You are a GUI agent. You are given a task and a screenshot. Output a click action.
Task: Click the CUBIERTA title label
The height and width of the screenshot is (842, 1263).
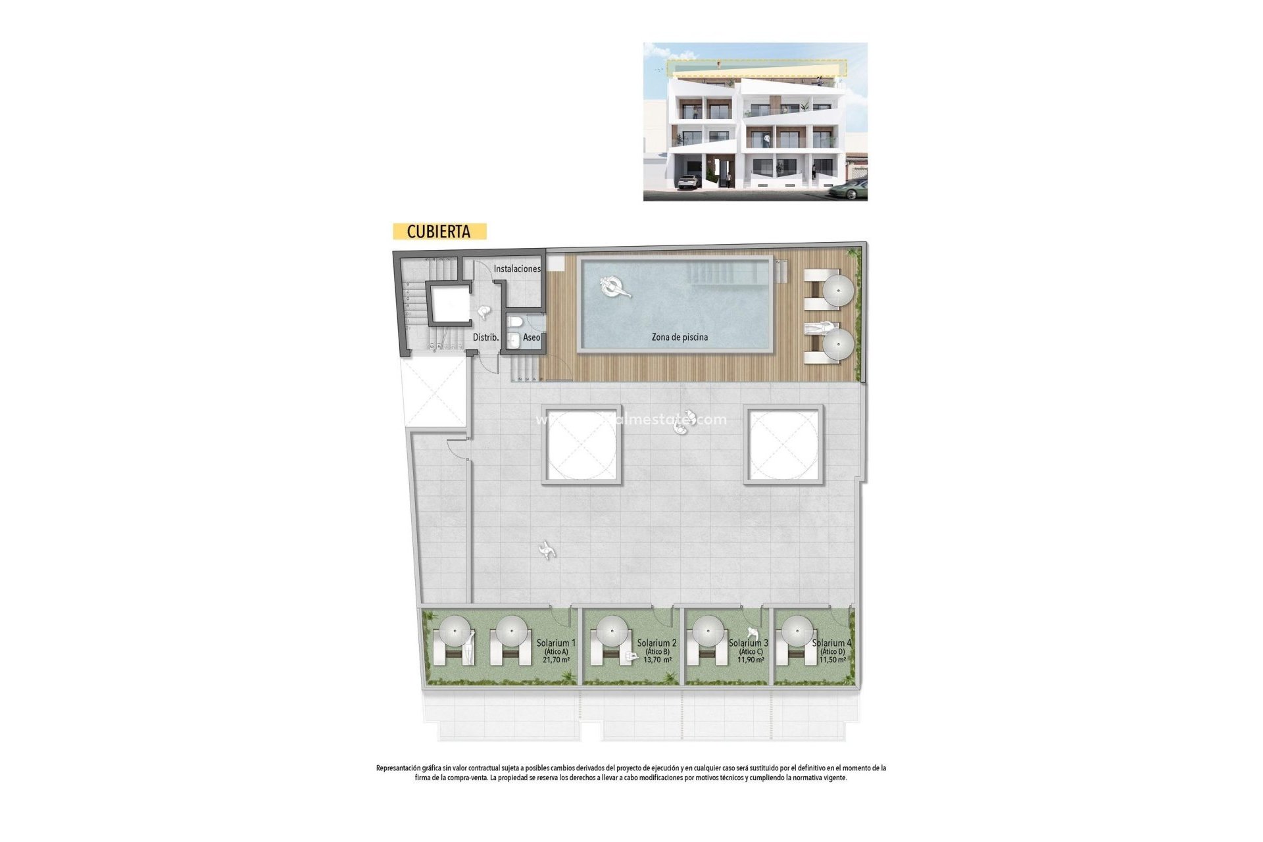(439, 232)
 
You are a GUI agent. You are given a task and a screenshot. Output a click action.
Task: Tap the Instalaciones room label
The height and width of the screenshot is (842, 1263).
(517, 269)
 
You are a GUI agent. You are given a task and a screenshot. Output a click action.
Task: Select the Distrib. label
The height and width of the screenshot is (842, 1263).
(485, 337)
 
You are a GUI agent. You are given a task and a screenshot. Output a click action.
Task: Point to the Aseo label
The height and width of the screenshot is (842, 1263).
(532, 337)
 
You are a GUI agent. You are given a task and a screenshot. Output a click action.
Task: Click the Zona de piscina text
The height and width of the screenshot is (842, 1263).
(680, 337)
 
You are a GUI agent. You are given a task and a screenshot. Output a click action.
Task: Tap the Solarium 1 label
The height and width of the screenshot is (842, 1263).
(556, 643)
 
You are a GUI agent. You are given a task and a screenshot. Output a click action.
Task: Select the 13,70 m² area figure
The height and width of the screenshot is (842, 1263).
(657, 660)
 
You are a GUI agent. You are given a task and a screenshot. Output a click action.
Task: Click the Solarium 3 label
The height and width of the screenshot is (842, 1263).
(749, 643)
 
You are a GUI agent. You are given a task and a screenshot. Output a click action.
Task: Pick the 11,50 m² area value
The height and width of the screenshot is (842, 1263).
(832, 660)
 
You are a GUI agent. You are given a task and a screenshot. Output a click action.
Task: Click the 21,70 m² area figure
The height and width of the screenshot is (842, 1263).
(556, 660)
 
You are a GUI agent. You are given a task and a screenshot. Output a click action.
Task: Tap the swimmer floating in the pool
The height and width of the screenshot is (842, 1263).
(614, 287)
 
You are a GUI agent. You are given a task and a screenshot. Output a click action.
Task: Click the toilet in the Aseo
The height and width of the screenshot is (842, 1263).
(514, 322)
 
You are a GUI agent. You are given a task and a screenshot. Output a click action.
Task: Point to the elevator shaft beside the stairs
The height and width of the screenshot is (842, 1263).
(449, 303)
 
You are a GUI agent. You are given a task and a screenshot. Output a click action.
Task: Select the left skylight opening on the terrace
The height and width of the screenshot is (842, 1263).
(582, 445)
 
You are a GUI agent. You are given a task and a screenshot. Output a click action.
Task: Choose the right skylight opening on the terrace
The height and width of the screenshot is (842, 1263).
(783, 445)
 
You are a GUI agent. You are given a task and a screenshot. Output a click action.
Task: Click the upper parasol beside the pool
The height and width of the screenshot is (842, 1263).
(839, 290)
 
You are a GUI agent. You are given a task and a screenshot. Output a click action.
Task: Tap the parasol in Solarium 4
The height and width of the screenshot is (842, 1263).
(797, 631)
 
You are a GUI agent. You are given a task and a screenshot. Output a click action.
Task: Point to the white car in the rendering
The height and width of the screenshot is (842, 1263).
(689, 182)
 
